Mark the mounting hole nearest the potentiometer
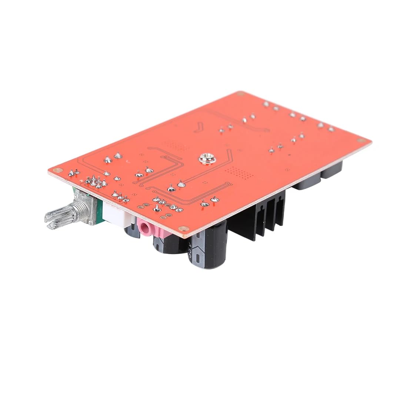click(x=56, y=170)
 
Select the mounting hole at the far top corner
click(x=241, y=94)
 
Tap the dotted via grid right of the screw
click(x=237, y=172)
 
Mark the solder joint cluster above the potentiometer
click(x=96, y=181)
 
